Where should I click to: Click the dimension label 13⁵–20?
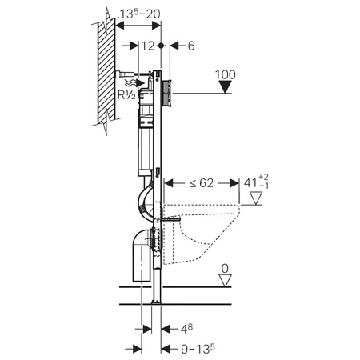point(140,14)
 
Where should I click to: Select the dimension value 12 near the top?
point(148,46)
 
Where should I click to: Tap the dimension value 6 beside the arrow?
point(191,46)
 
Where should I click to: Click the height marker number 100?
point(226,74)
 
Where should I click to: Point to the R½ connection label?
point(126,94)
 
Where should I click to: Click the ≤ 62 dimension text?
point(202,183)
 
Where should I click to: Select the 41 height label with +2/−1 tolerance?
point(256,182)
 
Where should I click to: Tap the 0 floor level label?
point(225,269)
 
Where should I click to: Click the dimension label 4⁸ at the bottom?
point(186,329)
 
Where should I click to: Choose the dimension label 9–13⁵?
point(198,349)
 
